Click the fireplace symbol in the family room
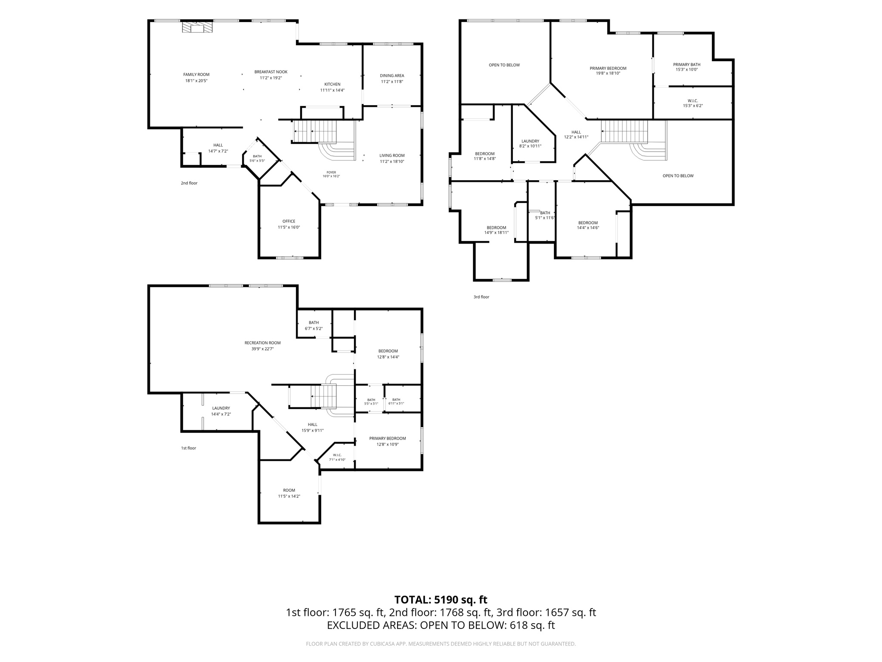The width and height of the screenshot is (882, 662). click(x=197, y=28)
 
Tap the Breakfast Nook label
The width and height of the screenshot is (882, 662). click(x=271, y=72)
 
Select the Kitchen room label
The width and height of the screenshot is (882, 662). click(x=332, y=84)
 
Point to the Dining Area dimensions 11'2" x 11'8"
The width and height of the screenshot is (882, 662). click(x=392, y=81)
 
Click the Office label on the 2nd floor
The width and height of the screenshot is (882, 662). click(x=289, y=221)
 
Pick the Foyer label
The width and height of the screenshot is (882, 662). click(x=331, y=172)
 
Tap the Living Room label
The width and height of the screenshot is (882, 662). click(x=392, y=156)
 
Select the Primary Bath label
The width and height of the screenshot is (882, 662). click(x=686, y=65)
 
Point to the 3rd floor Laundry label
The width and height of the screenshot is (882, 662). click(x=530, y=141)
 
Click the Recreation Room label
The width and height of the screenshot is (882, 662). click(x=263, y=343)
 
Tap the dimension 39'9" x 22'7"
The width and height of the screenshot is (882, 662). click(x=263, y=349)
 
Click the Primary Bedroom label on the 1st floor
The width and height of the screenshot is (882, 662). click(x=388, y=438)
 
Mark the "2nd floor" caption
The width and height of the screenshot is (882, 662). click(x=189, y=183)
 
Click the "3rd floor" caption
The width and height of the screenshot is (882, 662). click(x=481, y=297)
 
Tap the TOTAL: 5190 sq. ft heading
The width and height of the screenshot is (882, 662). click(x=441, y=600)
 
